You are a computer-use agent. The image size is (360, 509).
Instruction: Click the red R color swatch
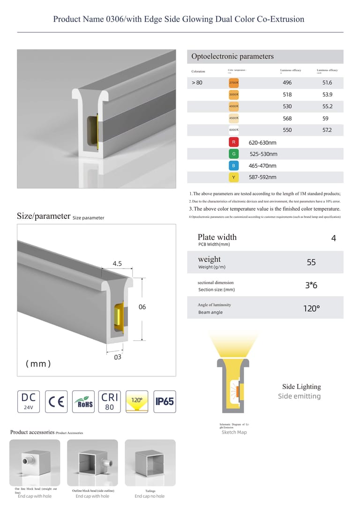click(234, 142)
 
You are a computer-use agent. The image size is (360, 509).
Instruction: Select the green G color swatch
click(234, 154)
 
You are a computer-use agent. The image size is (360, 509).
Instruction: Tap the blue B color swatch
click(234, 165)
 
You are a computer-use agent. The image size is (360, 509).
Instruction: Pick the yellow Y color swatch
click(234, 177)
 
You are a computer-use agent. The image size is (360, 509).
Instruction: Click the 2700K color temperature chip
click(234, 83)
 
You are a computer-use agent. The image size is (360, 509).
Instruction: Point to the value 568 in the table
click(287, 119)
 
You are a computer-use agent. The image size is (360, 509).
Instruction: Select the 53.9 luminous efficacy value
click(327, 95)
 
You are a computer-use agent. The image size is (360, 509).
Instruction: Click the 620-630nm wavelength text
click(262, 142)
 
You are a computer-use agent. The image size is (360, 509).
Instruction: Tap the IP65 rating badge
click(165, 402)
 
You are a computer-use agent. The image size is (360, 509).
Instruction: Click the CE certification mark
click(56, 402)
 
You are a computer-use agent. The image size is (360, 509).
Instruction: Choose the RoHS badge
click(83, 402)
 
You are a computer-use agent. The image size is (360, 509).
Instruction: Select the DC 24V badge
click(29, 402)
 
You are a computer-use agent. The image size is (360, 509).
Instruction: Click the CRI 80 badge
click(110, 402)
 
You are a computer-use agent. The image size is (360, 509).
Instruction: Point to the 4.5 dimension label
click(117, 264)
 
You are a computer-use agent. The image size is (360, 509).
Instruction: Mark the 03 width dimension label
click(118, 357)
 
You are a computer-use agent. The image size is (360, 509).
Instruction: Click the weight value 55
click(311, 262)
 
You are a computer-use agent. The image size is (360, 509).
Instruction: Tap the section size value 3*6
click(311, 285)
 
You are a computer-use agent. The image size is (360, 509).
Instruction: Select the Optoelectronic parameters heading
click(232, 57)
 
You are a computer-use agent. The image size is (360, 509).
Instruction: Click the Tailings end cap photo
click(150, 463)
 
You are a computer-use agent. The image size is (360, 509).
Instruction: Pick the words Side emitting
click(299, 397)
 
